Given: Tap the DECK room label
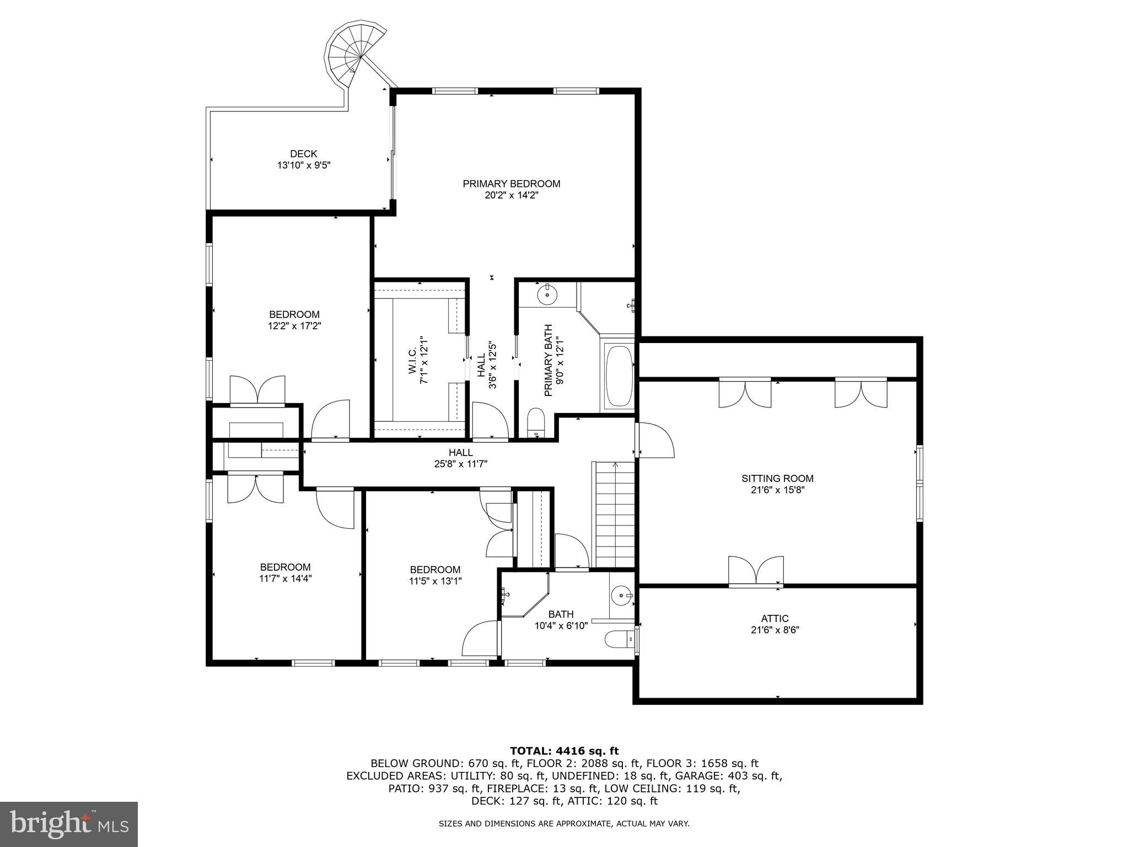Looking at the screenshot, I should coord(304,154).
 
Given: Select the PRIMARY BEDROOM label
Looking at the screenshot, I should coord(511,184).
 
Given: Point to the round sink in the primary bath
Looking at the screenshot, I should coord(547,295).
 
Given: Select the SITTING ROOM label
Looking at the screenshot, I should coord(777,479).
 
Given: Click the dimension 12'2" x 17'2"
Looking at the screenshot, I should coord(294,326).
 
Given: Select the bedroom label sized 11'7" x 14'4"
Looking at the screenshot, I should coord(285,567).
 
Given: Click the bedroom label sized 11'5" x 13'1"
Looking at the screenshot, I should coord(435,570).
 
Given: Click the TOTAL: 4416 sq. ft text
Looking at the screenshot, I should coord(564,750).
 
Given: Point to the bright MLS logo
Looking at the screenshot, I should coord(69,824).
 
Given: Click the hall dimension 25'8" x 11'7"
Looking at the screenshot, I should coord(460,464).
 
